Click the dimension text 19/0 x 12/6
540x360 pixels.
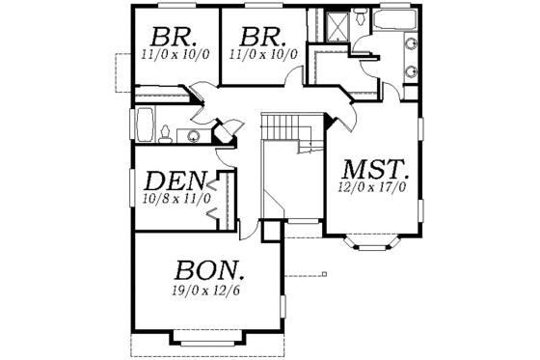pyautogui.click(x=207, y=289)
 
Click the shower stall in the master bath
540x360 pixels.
pyautogui.click(x=337, y=25)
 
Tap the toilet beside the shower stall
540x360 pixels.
pyautogui.click(x=359, y=17)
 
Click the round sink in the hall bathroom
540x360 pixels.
pyautogui.click(x=194, y=135)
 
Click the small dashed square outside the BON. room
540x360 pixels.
pyautogui.click(x=324, y=275)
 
